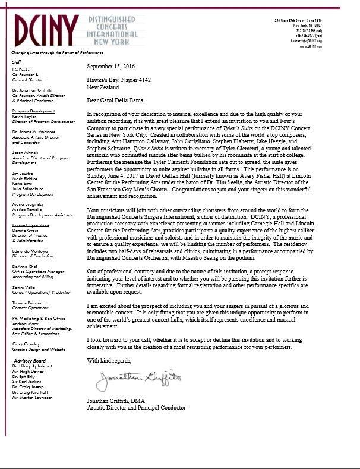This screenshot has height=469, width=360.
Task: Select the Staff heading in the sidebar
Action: point(17,61)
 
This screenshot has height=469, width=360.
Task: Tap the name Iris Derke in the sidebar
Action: point(21,70)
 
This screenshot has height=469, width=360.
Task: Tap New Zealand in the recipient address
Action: point(104,87)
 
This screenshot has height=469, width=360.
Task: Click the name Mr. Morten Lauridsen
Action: point(31,397)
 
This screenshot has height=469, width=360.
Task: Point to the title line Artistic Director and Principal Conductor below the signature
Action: point(136,408)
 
